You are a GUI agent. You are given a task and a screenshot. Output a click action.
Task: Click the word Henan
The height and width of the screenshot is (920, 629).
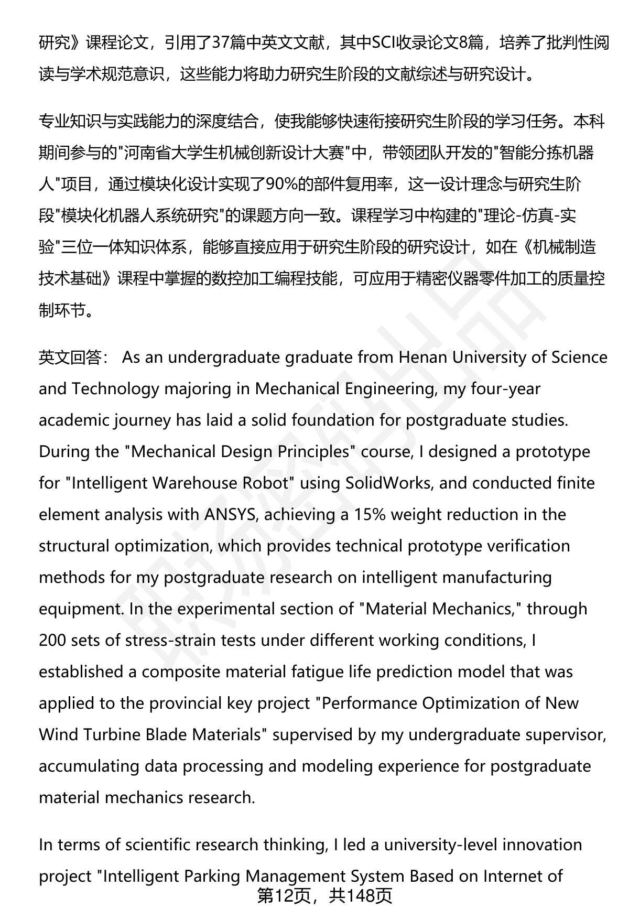click(x=423, y=357)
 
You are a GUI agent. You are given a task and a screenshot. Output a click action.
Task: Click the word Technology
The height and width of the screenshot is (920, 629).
click(x=115, y=388)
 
